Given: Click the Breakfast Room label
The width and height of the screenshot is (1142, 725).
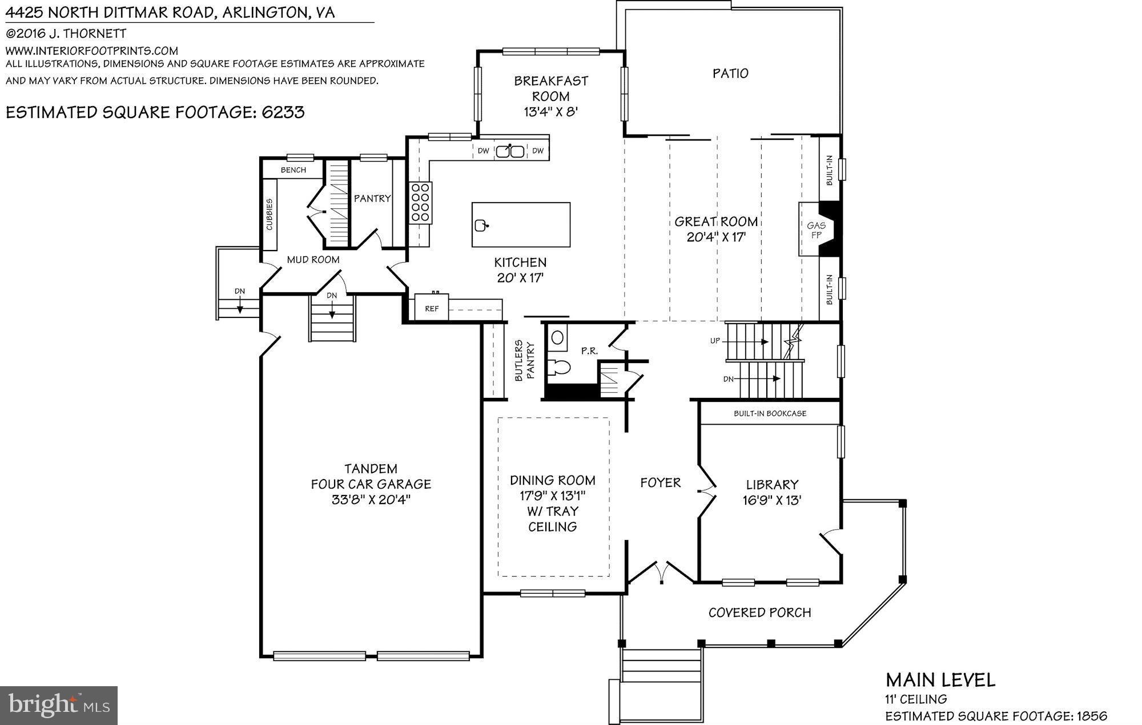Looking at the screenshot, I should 550,88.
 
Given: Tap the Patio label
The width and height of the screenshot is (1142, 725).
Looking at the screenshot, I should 730,73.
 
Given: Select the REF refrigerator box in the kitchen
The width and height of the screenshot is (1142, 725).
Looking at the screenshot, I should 432,308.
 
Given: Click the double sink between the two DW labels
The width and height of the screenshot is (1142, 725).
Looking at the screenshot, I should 510,151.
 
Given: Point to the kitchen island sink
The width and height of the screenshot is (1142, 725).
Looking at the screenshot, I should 481,225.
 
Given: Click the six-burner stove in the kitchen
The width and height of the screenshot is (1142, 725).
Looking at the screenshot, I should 421,203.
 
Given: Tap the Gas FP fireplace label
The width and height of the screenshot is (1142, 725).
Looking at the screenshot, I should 816,229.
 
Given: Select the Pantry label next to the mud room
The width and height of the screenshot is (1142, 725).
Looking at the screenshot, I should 372,198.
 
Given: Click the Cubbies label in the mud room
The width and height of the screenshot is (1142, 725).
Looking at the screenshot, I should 270,215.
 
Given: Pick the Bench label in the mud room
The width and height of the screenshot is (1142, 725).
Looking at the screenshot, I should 293,170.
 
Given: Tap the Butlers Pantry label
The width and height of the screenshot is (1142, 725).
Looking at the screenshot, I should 524,361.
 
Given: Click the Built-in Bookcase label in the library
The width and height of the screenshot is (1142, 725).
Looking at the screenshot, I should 770,413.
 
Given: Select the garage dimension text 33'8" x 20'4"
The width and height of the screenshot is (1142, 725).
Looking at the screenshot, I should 371,500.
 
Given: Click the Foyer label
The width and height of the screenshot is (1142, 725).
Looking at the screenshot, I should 660,483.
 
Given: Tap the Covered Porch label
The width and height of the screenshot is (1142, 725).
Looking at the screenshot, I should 759,613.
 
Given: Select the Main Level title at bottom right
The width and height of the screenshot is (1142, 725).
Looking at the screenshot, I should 940,680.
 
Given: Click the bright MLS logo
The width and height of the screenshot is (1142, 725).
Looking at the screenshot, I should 59,705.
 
